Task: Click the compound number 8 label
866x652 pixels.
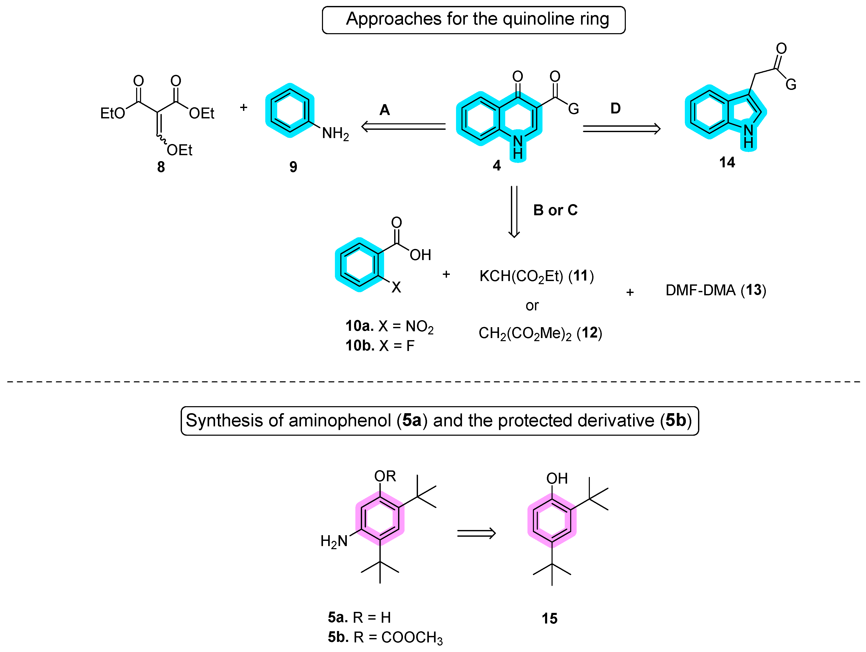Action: (161, 167)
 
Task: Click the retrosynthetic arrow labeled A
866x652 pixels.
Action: (403, 127)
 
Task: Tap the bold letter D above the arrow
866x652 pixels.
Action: (615, 109)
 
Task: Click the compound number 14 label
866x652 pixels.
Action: (727, 162)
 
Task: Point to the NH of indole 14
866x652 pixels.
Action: (748, 136)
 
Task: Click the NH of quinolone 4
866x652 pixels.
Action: (518, 147)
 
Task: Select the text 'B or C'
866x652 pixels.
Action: (555, 210)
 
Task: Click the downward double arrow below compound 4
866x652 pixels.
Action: (514, 212)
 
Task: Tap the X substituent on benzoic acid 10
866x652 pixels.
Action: (396, 287)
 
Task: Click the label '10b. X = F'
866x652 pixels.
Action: (380, 346)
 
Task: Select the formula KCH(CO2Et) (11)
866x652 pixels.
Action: (536, 276)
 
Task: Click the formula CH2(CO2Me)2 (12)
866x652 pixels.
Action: (540, 333)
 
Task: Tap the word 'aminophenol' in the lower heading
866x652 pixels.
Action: (340, 420)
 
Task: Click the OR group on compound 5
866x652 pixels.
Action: (385, 476)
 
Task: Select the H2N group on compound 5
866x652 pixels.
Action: (334, 541)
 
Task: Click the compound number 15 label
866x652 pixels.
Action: (549, 618)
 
